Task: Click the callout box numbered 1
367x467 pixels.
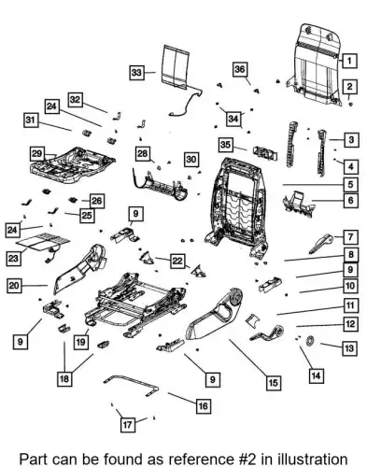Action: point(349,61)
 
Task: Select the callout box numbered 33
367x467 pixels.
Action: point(136,73)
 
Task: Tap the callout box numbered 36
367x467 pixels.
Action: point(240,69)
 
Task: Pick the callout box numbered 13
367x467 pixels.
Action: point(349,348)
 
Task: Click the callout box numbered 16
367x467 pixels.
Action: point(203,406)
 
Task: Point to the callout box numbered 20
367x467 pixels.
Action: point(14,286)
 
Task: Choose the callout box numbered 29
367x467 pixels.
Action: point(37,154)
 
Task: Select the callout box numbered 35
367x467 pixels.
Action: point(226,145)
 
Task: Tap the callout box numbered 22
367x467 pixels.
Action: point(177,261)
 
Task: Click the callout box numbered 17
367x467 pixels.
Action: point(128,425)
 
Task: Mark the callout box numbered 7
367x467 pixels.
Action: point(350,237)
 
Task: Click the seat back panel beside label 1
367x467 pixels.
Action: point(315,64)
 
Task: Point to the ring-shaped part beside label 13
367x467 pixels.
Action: point(310,341)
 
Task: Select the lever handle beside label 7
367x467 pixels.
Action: point(320,243)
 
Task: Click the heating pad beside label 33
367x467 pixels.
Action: point(176,66)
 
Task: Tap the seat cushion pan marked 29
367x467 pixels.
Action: point(72,164)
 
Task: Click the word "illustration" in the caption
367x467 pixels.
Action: point(313,459)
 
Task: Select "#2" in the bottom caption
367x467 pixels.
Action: point(246,459)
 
